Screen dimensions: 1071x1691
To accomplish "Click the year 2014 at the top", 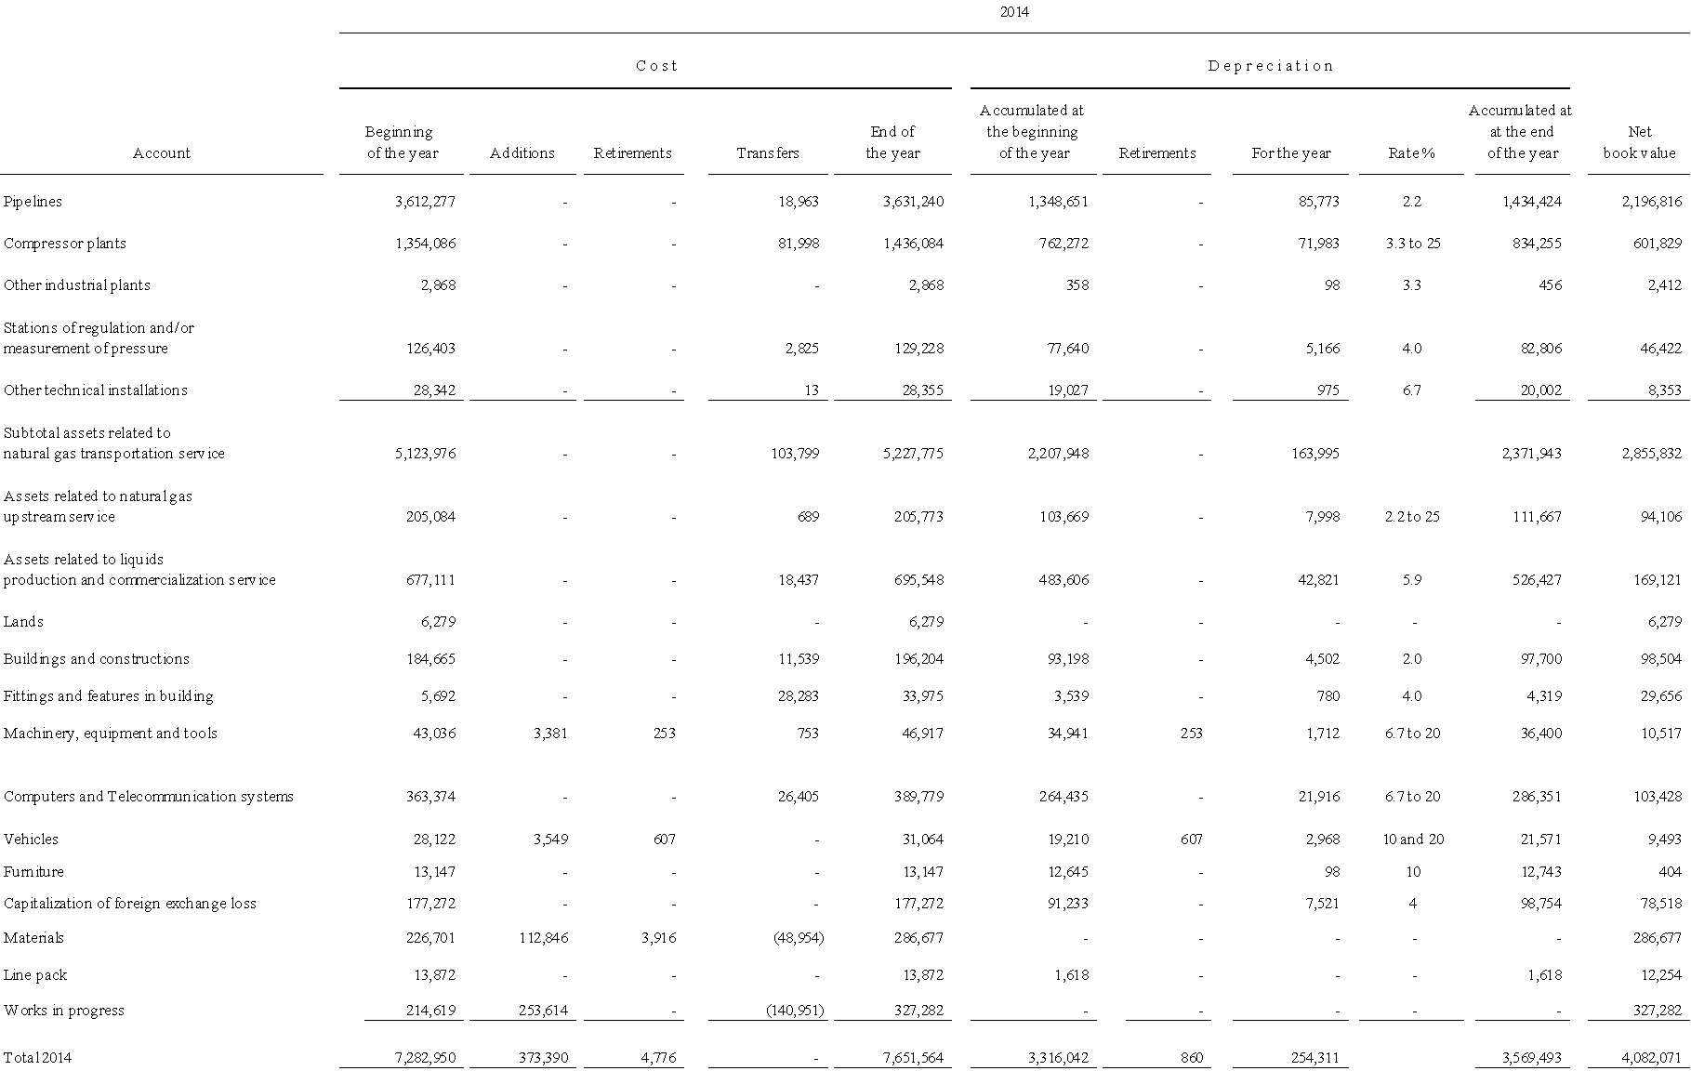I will pyautogui.click(x=1014, y=12).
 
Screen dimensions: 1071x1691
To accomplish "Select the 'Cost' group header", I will pyautogui.click(x=656, y=66).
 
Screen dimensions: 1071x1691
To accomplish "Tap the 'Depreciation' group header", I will pyautogui.click(x=1270, y=66).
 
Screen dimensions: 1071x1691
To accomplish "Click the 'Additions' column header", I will pyautogui.click(x=522, y=153).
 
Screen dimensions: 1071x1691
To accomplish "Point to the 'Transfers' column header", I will pyautogui.click(x=767, y=153).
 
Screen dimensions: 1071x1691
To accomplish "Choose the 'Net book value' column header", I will pyautogui.click(x=1639, y=143).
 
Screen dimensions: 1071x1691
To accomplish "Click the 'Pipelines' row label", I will pyautogui.click(x=33, y=202).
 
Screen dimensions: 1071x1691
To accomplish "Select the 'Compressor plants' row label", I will pyautogui.click(x=64, y=244).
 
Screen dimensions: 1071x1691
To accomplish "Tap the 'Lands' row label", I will pyautogui.click(x=23, y=622).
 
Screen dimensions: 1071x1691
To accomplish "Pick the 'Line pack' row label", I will pyautogui.click(x=35, y=975).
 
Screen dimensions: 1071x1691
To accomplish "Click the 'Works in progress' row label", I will pyautogui.click(x=63, y=1011).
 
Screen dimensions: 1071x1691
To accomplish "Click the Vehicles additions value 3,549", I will pyautogui.click(x=548, y=840).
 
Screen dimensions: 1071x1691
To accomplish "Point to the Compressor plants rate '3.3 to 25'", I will pyautogui.click(x=1412, y=244).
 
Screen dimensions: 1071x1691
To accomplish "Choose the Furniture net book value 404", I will pyautogui.click(x=1670, y=872).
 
